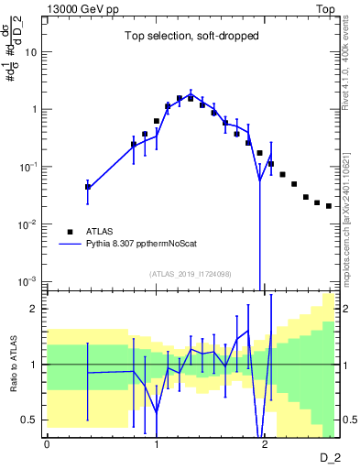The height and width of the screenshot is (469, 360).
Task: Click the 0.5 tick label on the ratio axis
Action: (29, 420)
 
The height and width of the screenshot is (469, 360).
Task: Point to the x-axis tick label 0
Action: (47, 443)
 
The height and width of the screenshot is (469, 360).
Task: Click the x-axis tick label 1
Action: (156, 443)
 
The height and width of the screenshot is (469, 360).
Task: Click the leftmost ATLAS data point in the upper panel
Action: (88, 187)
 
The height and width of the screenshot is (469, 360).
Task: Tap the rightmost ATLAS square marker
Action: (329, 206)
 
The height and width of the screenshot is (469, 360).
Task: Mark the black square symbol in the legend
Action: (70, 232)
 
